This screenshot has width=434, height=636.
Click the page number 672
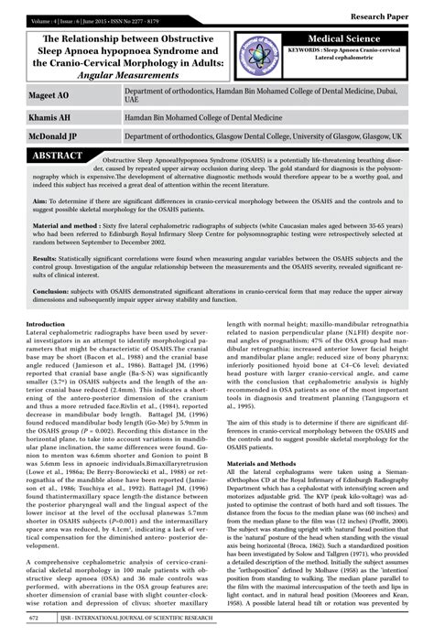pyautogui.click(x=34, y=619)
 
